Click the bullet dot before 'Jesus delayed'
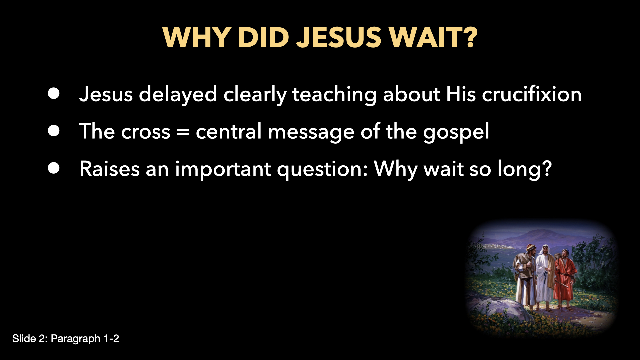tap(54, 94)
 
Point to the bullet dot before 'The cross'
tap(54, 131)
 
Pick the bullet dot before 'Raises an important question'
tap(54, 168)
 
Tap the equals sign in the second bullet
tap(183, 132)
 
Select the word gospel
tap(456, 133)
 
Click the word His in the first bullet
tap(461, 94)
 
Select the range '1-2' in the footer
tap(111, 339)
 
